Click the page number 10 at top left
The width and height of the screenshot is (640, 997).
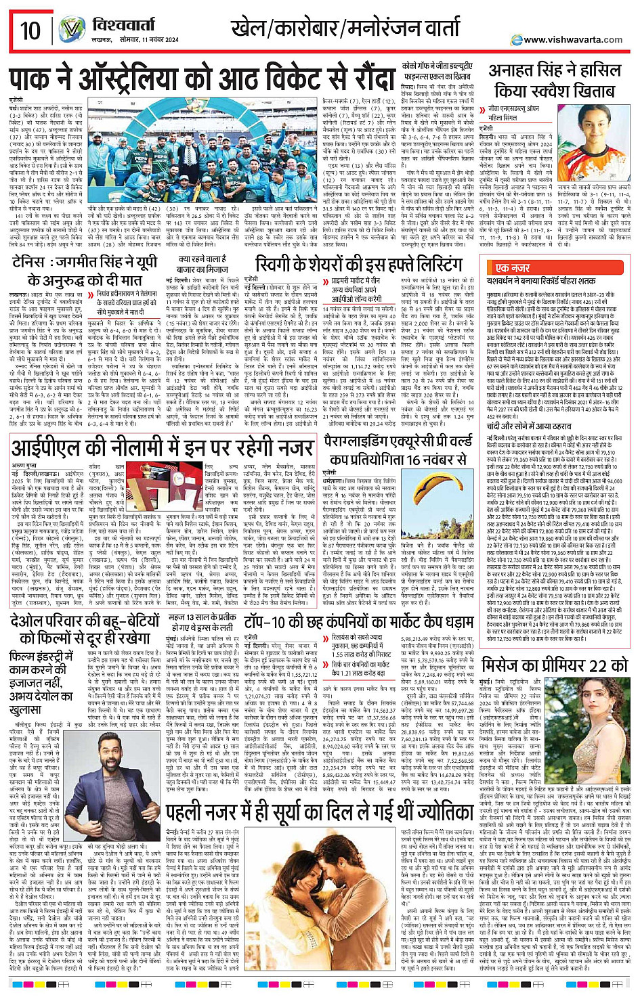[x=30, y=30]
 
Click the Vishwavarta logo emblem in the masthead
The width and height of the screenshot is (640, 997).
[x=72, y=30]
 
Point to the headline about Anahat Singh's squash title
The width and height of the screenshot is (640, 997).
[x=555, y=80]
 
